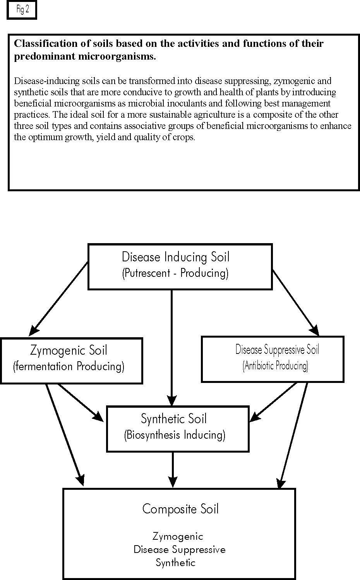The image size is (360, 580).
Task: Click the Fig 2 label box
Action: [x=22, y=10]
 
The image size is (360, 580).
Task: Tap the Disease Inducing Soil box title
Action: [x=175, y=257]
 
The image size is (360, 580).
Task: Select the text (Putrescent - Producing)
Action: [x=175, y=273]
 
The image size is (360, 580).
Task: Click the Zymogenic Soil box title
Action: [x=69, y=351]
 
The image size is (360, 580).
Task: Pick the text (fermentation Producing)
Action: [x=69, y=367]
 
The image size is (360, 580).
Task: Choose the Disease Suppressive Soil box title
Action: [x=277, y=350]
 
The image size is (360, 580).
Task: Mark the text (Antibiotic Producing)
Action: [x=275, y=366]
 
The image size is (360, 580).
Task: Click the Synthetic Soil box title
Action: [x=174, y=419]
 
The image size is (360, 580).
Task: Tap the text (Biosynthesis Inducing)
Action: [x=175, y=435]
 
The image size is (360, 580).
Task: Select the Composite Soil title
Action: [x=180, y=509]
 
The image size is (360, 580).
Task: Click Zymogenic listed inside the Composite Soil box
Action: [x=178, y=537]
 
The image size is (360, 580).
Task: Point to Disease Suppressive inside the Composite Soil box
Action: [x=180, y=550]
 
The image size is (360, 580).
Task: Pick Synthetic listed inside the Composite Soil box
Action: [x=175, y=563]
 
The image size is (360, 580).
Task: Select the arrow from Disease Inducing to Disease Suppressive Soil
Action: [x=295, y=302]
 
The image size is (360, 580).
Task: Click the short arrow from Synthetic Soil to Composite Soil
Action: [x=173, y=469]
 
